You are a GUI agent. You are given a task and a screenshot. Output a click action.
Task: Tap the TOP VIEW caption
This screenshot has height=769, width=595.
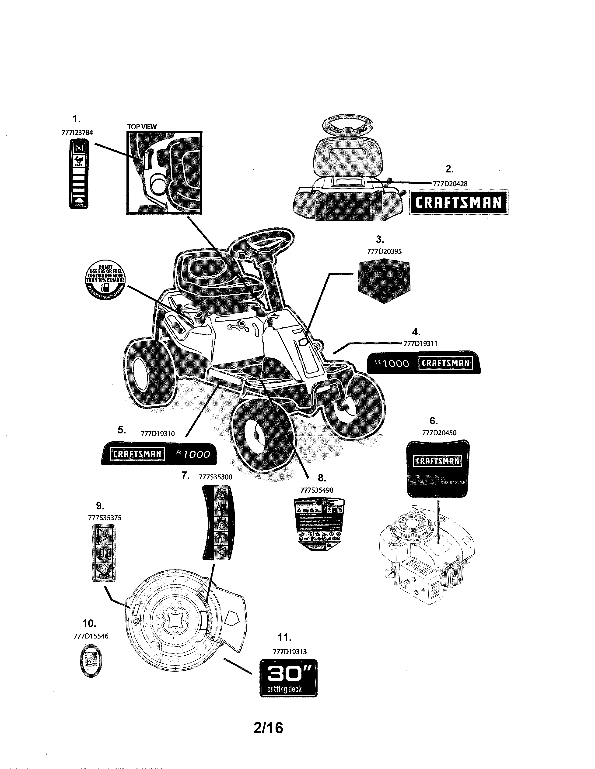tap(142, 127)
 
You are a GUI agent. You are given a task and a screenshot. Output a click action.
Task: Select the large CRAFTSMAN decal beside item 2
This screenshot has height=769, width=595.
tap(458, 203)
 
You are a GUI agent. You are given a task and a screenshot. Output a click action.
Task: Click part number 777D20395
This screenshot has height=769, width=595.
tap(384, 251)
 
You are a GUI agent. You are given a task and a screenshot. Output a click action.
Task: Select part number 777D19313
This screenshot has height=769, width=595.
tap(290, 652)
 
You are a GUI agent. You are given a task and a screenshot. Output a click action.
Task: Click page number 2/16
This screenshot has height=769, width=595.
tap(268, 728)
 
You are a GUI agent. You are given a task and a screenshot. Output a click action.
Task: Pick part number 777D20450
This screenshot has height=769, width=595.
tap(439, 433)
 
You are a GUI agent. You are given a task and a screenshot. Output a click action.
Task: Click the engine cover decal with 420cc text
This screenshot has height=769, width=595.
tap(438, 468)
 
